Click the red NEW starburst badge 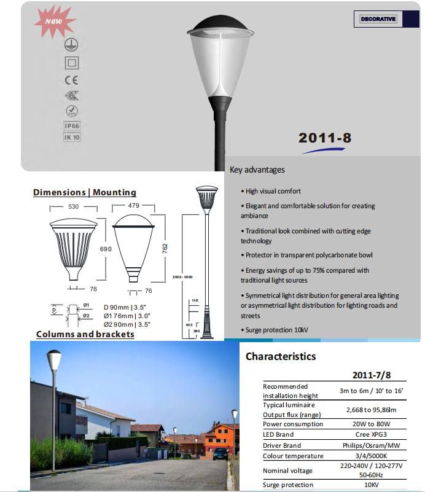click(52, 22)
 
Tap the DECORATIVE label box click(378, 20)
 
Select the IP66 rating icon click(72, 126)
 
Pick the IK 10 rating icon click(72, 138)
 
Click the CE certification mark click(72, 80)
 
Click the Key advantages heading click(257, 170)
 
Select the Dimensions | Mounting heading click(85, 192)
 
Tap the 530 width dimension click(74, 207)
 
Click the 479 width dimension click(135, 206)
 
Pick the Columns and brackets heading click(85, 334)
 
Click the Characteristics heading click(281, 356)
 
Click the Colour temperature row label click(292, 456)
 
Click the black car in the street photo click(220, 454)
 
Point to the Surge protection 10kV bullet click(276, 330)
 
